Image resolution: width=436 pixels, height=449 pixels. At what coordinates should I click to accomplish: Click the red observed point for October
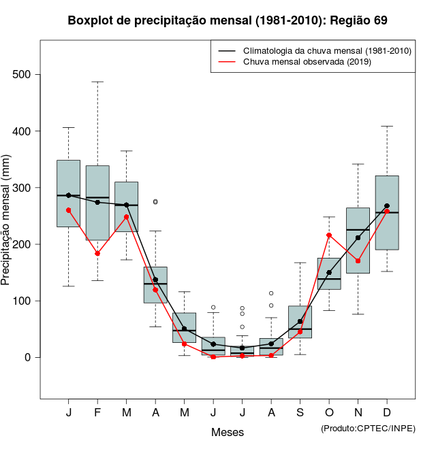(x=329, y=235)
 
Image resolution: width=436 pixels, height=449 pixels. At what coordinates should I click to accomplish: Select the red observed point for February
(x=97, y=254)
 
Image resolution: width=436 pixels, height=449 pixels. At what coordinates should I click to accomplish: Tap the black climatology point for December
(x=387, y=206)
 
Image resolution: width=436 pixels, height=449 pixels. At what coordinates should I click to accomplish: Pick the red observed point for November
(x=358, y=261)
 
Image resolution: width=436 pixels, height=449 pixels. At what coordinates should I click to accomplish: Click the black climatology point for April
(x=155, y=280)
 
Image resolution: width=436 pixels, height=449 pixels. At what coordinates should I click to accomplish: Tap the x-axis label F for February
(x=97, y=413)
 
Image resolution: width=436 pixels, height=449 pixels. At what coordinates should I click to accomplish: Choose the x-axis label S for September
(x=300, y=413)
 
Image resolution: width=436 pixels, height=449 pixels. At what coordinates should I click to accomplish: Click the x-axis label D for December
(x=387, y=413)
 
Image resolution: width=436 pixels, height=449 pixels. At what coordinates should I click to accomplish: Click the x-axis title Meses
(x=228, y=432)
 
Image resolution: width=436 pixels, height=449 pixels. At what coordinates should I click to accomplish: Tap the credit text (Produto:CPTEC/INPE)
(x=368, y=428)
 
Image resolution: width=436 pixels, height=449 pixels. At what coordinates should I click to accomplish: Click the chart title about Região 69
(x=228, y=20)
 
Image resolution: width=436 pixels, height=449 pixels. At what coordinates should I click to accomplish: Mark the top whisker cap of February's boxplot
(x=97, y=82)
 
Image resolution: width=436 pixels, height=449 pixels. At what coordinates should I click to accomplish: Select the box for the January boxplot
(x=68, y=193)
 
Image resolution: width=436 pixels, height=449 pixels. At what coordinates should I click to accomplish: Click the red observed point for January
(x=68, y=210)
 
